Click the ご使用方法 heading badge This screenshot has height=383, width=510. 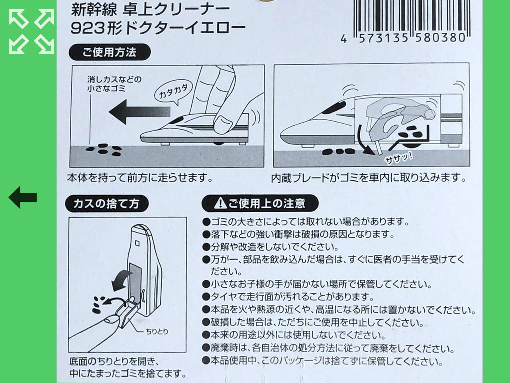110,52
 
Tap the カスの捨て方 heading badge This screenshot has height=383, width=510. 107,203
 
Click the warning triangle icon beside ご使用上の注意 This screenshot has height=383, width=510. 220,203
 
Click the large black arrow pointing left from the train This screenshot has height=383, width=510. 139,112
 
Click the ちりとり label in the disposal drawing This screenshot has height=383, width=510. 157,332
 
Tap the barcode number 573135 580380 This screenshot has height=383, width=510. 412,38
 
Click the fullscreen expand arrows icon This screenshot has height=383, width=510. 31,32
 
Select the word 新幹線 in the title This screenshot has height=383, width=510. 94,10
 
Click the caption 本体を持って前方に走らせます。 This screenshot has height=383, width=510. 140,178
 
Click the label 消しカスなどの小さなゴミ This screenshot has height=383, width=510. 114,84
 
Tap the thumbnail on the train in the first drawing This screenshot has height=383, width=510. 223,124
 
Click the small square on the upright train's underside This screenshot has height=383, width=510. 137,243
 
